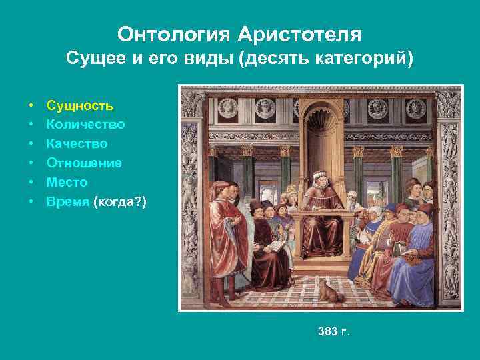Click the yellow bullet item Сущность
[x=79, y=105]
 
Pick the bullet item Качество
[x=77, y=144]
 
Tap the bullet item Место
[x=67, y=182]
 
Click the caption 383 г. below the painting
[x=333, y=331]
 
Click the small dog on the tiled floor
[x=328, y=291]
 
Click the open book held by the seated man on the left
[x=273, y=245]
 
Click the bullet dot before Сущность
[x=32, y=106]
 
